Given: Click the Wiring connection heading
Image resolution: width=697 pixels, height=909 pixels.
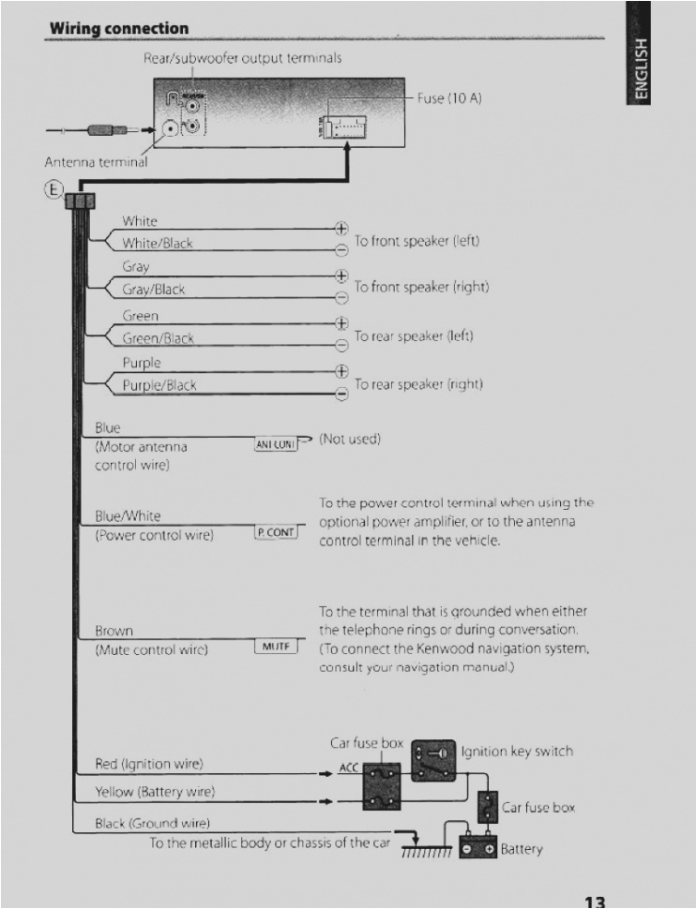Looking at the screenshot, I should point(118,29).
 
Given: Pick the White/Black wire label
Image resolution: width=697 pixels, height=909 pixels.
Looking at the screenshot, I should point(157,243).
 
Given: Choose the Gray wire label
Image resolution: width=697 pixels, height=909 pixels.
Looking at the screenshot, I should point(136,267).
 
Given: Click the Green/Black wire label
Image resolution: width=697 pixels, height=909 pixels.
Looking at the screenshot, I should point(158,338).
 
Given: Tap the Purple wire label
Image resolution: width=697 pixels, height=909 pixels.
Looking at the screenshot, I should point(142,363).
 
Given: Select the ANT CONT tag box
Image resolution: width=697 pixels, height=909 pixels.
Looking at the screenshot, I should point(276,444).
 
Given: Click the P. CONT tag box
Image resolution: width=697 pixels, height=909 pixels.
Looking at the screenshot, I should point(276,532).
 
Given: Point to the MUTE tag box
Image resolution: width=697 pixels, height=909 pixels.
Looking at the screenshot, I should point(276,647).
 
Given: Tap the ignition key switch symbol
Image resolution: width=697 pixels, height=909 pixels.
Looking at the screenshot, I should point(435,755).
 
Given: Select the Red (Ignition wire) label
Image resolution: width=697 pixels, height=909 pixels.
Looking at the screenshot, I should point(149,764).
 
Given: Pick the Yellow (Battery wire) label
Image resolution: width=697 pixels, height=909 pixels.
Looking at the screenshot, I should point(155,792).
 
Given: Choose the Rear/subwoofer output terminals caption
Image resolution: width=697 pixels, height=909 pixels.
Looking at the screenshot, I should point(242,58).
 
